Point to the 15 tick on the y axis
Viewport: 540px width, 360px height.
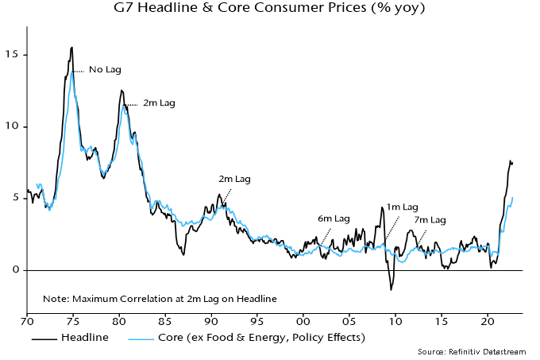click(x=12, y=55)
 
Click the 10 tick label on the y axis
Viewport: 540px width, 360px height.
click(x=12, y=126)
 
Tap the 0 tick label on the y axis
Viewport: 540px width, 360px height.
click(x=15, y=270)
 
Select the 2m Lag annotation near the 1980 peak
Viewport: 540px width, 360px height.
click(x=159, y=103)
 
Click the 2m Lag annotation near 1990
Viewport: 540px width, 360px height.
click(x=234, y=180)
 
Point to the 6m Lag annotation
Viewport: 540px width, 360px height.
click(x=334, y=219)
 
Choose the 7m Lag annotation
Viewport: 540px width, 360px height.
click(x=430, y=219)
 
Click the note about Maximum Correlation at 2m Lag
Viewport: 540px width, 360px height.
click(x=160, y=299)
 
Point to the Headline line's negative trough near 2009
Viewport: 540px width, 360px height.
click(x=391, y=289)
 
